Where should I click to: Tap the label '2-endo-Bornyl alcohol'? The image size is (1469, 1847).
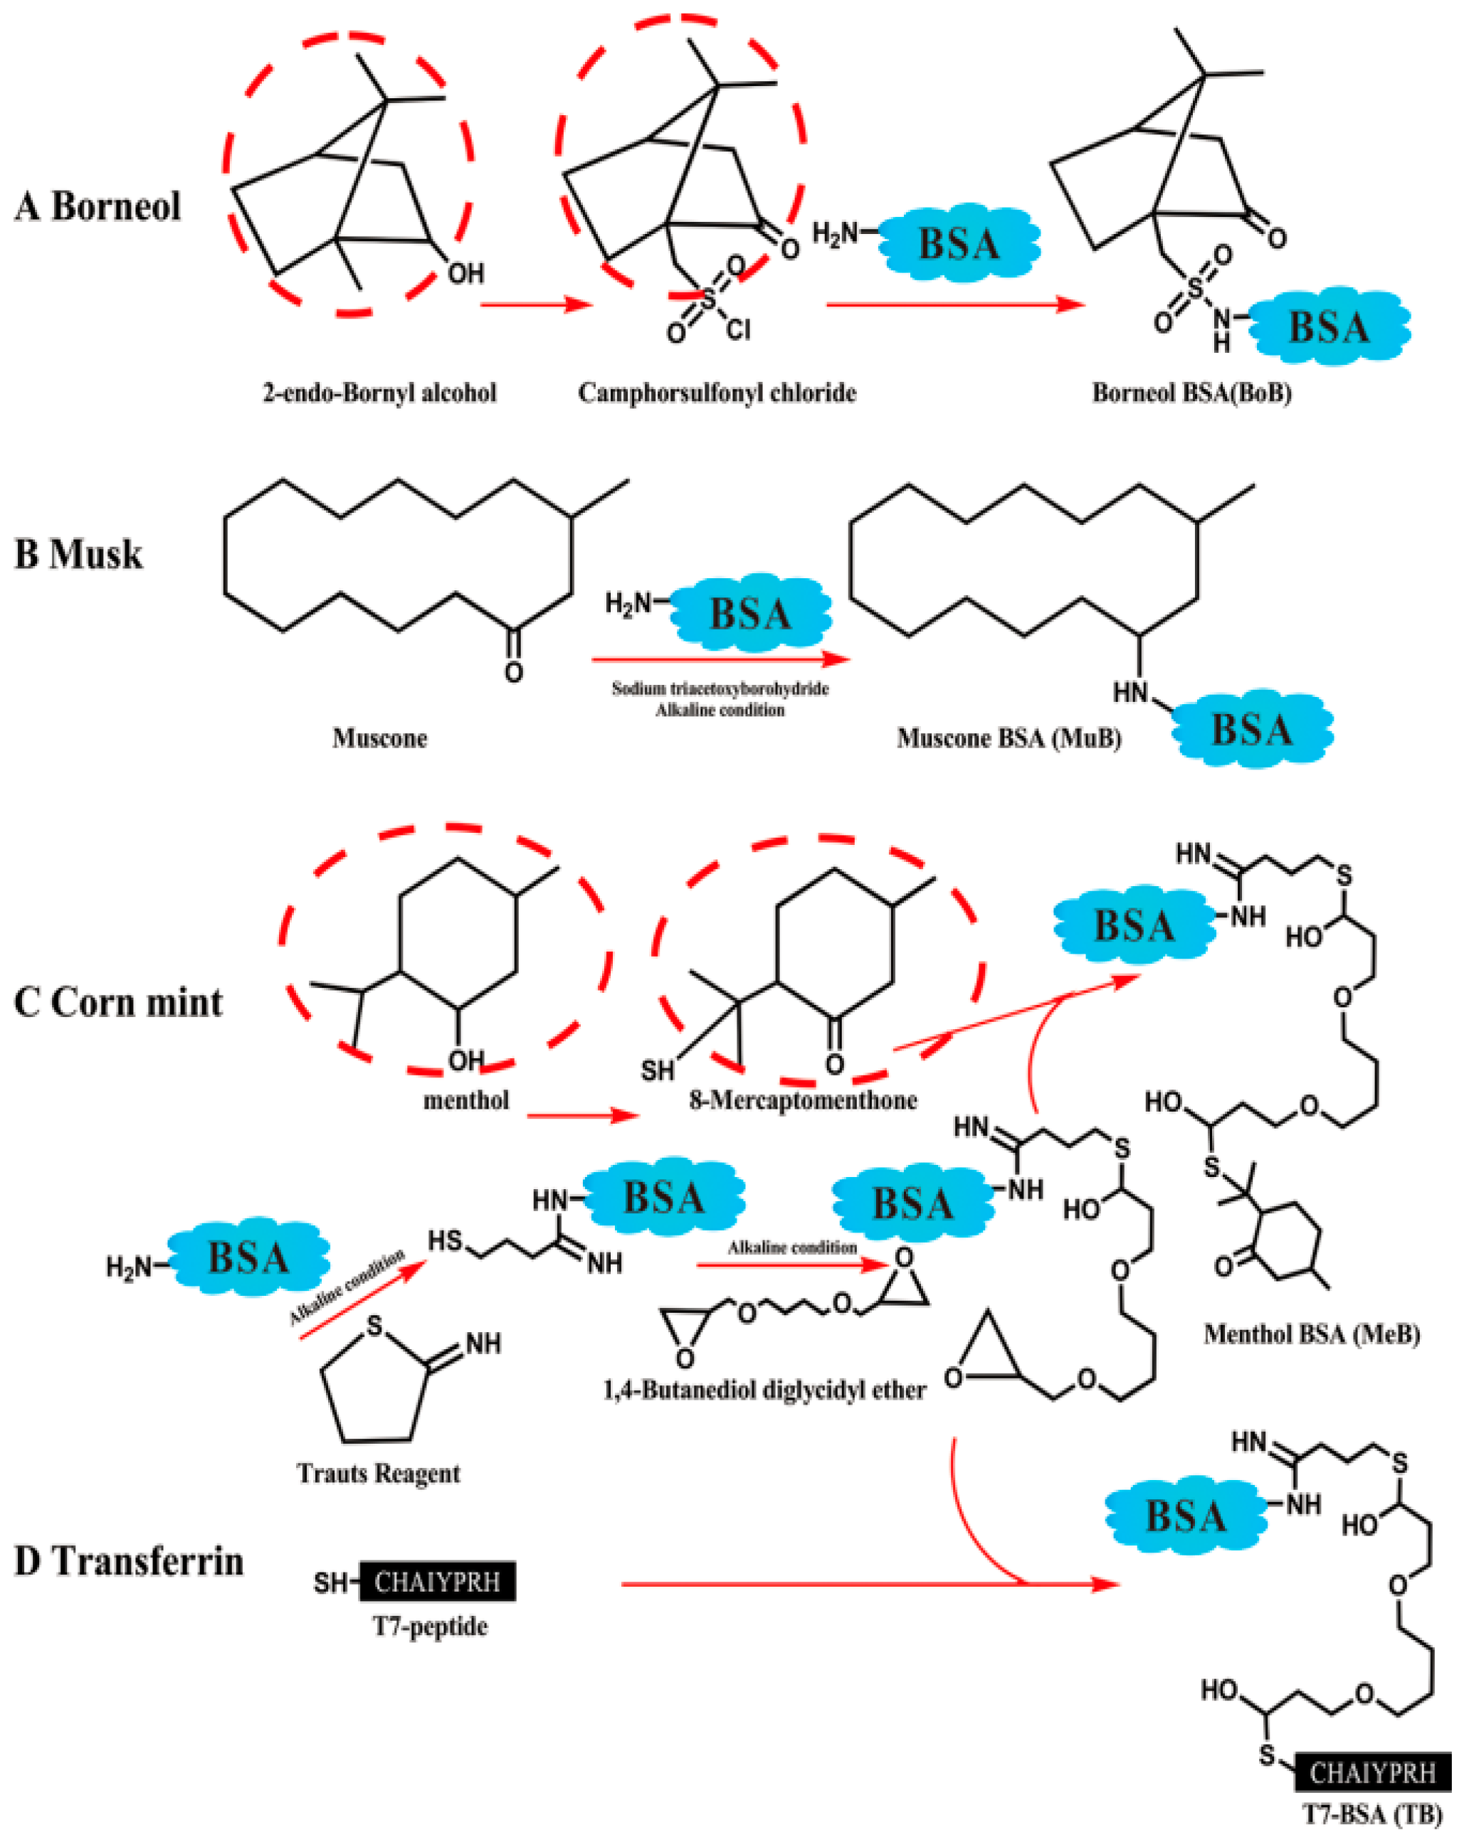click(x=379, y=393)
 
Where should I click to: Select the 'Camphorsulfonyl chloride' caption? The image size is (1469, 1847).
click(x=717, y=393)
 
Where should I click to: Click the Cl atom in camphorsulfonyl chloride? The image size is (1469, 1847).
click(x=738, y=330)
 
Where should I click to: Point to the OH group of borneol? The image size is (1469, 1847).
click(x=465, y=273)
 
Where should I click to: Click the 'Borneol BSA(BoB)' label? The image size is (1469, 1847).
click(x=1191, y=393)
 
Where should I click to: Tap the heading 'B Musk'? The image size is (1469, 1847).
click(x=78, y=554)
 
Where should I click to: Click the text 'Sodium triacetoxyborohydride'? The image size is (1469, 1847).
click(x=720, y=688)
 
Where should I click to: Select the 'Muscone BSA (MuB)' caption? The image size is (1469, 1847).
click(x=1009, y=738)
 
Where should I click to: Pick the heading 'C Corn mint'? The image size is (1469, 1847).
click(x=118, y=1002)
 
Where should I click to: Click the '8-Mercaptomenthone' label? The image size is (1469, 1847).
click(x=803, y=1100)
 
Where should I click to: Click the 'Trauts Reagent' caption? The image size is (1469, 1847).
click(x=378, y=1474)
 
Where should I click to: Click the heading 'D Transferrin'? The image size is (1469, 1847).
click(x=130, y=1561)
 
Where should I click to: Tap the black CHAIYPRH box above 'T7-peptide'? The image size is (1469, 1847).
click(x=437, y=1582)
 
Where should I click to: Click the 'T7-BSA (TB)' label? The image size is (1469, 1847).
click(x=1372, y=1814)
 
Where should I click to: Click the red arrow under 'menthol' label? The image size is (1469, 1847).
click(x=582, y=1115)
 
